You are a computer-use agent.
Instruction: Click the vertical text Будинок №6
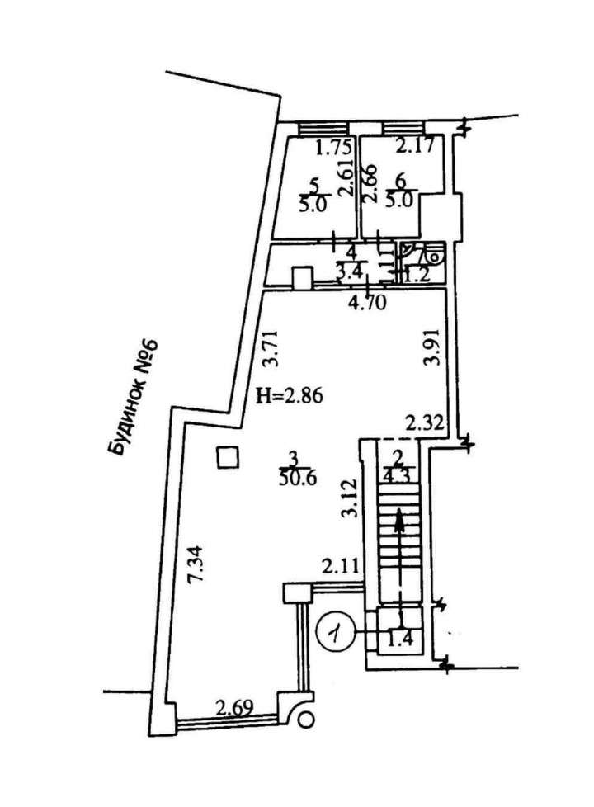(x=132, y=398)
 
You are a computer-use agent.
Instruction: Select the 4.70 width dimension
(x=361, y=302)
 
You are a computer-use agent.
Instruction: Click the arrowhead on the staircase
(x=400, y=518)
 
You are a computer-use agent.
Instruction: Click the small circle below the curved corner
(x=306, y=720)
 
